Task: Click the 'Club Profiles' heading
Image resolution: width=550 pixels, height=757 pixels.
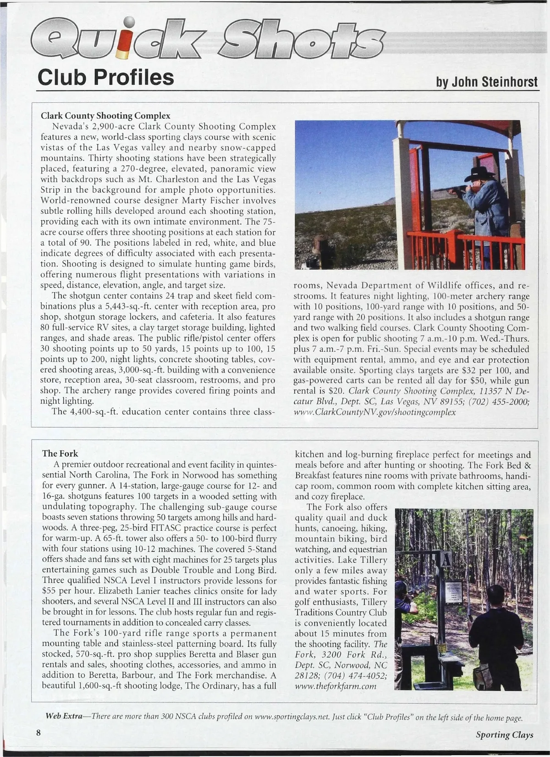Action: [x=105, y=77]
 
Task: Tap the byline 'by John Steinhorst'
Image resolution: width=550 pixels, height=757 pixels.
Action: [x=487, y=82]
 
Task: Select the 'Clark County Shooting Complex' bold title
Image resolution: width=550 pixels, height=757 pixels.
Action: [x=105, y=116]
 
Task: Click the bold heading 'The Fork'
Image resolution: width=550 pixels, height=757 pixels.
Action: [x=60, y=453]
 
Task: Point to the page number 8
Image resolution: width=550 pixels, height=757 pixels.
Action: [x=39, y=732]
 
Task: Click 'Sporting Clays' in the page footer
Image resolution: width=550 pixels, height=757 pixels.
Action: [x=504, y=735]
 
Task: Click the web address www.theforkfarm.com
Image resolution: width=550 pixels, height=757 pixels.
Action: [x=335, y=686]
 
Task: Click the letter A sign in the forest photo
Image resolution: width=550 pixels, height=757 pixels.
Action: [x=446, y=560]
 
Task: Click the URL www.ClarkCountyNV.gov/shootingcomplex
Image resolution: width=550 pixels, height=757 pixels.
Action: [x=374, y=412]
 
